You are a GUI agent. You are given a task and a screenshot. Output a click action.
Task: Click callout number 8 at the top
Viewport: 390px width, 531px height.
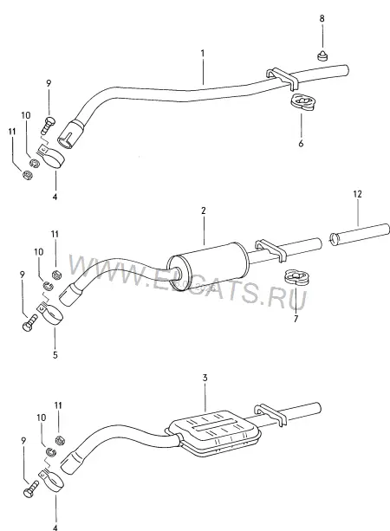click(322, 19)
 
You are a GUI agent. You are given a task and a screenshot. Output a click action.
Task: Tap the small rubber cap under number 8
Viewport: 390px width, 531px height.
click(322, 55)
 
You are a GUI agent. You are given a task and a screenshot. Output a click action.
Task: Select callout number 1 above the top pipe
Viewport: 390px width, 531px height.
click(203, 53)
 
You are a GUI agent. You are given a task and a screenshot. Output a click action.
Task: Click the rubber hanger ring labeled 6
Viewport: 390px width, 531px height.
click(302, 102)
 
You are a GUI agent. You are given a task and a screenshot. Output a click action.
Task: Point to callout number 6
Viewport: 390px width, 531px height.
click(301, 143)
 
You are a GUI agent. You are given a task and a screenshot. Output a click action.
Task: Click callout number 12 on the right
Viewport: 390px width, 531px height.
click(357, 194)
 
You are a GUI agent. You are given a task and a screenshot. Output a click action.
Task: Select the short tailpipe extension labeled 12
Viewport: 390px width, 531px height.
click(359, 235)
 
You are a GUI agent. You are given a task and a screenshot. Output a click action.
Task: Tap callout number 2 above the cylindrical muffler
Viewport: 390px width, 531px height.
click(204, 210)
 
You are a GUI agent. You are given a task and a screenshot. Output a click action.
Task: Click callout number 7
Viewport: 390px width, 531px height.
click(296, 318)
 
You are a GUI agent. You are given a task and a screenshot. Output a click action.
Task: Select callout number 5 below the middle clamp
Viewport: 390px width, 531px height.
click(55, 354)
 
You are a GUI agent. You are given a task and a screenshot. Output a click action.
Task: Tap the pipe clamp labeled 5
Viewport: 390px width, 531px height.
click(50, 314)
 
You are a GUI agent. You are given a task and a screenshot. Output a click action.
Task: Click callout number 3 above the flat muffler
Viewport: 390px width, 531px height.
click(205, 378)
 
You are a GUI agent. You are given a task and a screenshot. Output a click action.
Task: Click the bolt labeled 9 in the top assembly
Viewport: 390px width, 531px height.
click(49, 125)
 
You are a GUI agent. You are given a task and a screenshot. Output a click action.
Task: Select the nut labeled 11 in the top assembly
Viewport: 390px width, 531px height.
click(27, 175)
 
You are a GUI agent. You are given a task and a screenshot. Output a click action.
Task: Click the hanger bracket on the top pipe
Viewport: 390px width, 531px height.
click(282, 79)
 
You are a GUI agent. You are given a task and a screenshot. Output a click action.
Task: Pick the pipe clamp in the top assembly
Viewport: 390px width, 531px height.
click(51, 157)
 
